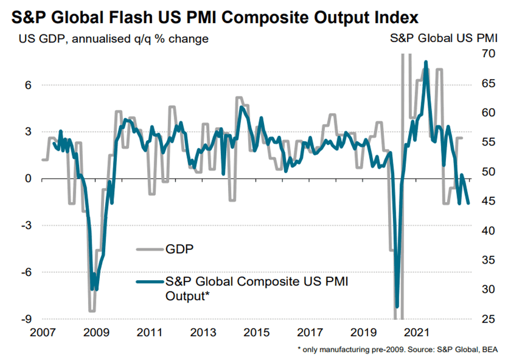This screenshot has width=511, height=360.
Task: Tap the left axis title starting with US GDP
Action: tap(113, 39)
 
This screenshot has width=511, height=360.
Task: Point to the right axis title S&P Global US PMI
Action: tap(444, 38)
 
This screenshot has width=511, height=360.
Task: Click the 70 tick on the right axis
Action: tap(488, 53)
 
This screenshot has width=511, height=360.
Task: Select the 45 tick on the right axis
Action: tap(488, 201)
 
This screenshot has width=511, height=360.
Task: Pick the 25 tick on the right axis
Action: tap(488, 319)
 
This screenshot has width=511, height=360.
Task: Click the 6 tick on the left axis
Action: tap(28, 85)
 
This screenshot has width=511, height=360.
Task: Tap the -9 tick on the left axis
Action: tap(27, 319)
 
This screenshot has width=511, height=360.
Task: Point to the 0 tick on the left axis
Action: tap(28, 179)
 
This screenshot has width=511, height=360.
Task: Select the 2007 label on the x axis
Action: tap(43, 332)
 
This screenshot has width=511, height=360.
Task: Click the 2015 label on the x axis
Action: tap(257, 332)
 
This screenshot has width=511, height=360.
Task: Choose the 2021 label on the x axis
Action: tap(417, 332)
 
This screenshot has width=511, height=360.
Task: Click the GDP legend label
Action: tap(180, 249)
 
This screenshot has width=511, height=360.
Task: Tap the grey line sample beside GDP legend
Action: tap(150, 249)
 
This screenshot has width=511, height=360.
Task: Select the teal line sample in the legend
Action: tap(150, 282)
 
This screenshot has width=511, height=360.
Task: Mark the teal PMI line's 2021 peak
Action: tap(425, 61)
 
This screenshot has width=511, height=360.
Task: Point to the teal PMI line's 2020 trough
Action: tap(397, 307)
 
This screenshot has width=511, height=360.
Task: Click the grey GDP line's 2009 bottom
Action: tap(92, 311)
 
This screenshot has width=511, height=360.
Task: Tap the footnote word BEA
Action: tap(490, 350)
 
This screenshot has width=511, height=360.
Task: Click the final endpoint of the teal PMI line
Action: tap(468, 203)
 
